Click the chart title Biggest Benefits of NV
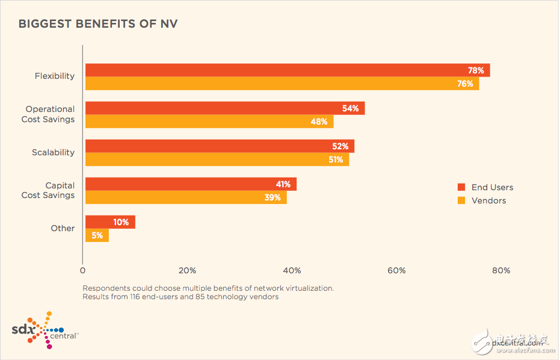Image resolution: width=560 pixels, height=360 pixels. click(x=97, y=24)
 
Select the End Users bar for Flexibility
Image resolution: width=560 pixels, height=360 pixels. click(x=288, y=70)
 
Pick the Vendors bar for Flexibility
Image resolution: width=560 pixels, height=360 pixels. click(x=282, y=84)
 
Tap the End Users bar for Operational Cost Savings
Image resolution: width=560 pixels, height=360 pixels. click(x=224, y=108)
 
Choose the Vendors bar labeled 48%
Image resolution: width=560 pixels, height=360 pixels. click(x=209, y=122)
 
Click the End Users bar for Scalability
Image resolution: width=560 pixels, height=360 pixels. click(x=220, y=146)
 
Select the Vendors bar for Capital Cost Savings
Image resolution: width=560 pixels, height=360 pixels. click(x=186, y=197)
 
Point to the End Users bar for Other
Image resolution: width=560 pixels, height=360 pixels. click(x=110, y=222)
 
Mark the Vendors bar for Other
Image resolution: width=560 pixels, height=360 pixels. click(x=97, y=235)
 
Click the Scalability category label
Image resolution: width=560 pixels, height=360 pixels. click(x=53, y=152)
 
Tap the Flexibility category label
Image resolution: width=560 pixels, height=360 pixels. click(x=54, y=76)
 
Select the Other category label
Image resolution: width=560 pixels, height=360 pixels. click(x=63, y=228)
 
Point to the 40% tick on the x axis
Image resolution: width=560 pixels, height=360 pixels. click(x=292, y=270)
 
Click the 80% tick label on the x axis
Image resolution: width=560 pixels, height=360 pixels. click(x=500, y=270)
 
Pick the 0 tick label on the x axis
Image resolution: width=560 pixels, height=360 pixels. click(x=82, y=270)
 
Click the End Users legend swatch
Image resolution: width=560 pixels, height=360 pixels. click(x=461, y=187)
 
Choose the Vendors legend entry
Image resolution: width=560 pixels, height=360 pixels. click(x=488, y=200)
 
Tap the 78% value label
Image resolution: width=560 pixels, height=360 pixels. click(x=476, y=70)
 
